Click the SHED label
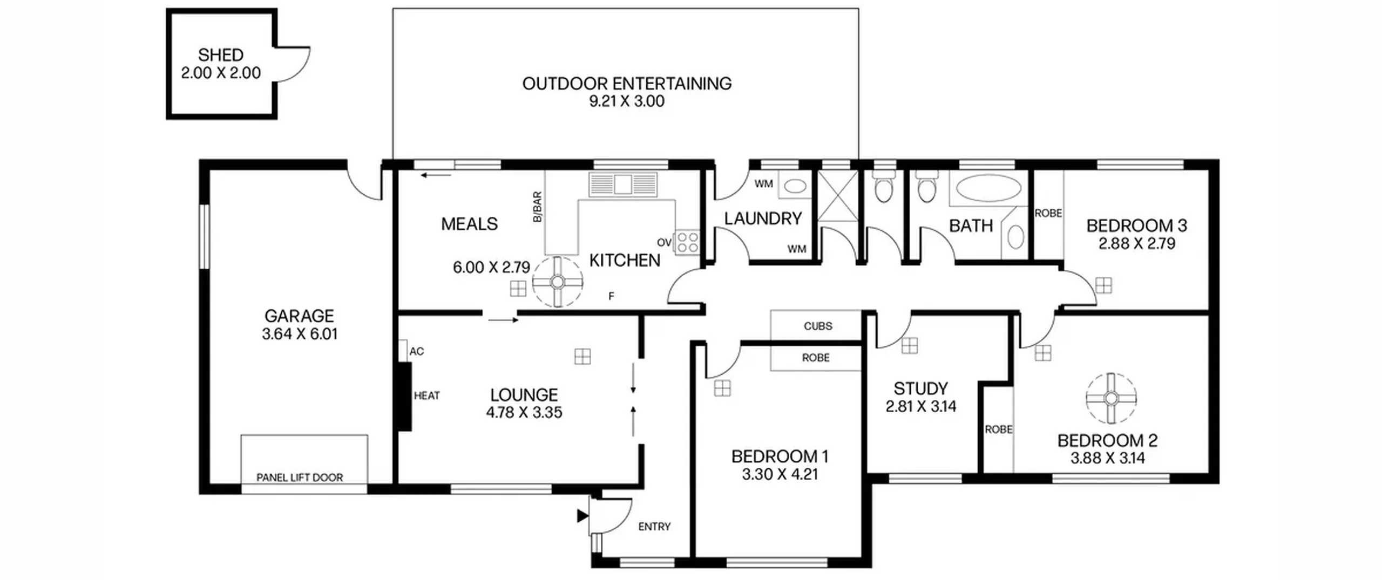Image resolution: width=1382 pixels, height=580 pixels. point(220,54)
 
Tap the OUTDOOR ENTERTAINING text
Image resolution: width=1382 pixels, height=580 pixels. point(627,84)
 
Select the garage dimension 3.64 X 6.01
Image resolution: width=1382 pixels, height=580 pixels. point(300,334)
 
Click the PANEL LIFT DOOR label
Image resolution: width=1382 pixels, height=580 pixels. point(300,477)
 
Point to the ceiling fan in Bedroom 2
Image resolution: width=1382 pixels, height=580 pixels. point(1111,398)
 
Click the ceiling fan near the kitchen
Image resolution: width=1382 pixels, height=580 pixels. point(558,282)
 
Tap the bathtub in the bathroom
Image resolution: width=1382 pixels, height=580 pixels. point(988,188)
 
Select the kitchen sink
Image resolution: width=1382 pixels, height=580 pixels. point(623,184)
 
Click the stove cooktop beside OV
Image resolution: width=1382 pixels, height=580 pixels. point(687,242)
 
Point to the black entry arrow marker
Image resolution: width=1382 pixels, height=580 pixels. point(582,516)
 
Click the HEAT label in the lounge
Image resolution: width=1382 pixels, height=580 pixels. point(426,396)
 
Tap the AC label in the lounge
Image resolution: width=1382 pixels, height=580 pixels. point(417,352)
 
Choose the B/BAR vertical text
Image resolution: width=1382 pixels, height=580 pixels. point(537,207)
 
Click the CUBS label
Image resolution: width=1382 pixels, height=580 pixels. point(818,326)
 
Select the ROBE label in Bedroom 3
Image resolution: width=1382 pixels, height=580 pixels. point(1048,214)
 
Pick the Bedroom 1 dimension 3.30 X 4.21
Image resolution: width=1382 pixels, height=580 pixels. point(780,475)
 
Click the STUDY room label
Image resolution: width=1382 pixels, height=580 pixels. point(920,388)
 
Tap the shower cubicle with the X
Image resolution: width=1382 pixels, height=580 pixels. point(837,196)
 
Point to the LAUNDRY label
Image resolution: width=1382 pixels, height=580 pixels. point(763,219)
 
